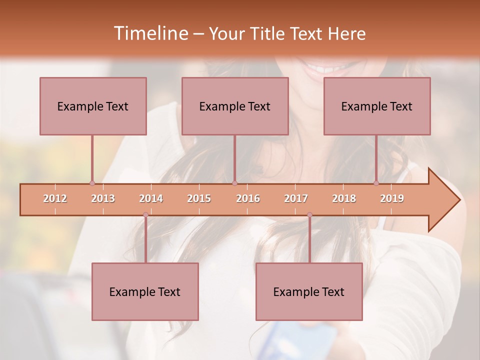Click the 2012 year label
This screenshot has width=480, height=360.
(x=55, y=198)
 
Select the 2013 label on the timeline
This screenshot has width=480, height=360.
(x=103, y=198)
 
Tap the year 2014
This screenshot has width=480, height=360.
(x=151, y=198)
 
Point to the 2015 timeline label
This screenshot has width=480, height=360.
(x=199, y=198)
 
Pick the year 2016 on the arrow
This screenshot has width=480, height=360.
(x=248, y=198)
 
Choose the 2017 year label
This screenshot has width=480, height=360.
(x=296, y=198)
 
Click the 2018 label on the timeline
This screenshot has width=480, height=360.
(x=344, y=198)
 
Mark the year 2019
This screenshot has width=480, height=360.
(x=392, y=198)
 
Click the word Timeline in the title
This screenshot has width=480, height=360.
(x=150, y=33)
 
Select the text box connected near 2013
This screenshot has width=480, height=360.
(x=93, y=106)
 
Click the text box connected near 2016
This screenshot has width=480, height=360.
(x=235, y=106)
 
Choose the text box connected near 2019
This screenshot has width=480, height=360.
(x=377, y=106)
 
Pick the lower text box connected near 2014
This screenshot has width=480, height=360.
(x=145, y=291)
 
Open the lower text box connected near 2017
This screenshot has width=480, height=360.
(x=309, y=291)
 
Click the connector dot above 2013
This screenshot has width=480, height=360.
(x=92, y=183)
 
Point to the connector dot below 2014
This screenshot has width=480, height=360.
(x=145, y=215)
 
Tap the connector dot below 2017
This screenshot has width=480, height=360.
(x=309, y=215)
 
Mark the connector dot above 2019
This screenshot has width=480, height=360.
(x=376, y=183)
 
